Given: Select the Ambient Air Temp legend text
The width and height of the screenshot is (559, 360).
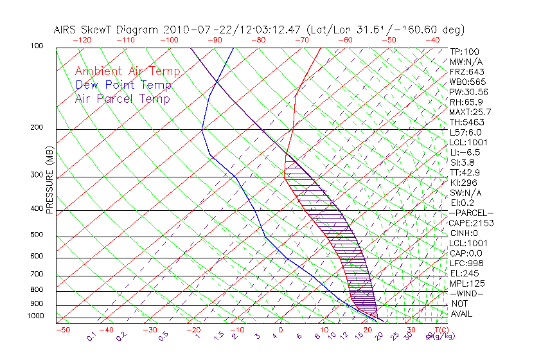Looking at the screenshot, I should coord(128,71).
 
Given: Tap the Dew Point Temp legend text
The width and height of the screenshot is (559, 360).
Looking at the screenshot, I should coord(123,85).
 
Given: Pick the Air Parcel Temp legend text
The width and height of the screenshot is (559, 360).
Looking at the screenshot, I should coord(123,98).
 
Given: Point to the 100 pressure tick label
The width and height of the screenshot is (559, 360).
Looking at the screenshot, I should coord(37,46).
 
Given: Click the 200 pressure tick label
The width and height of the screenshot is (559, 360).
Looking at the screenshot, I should coord(37,128).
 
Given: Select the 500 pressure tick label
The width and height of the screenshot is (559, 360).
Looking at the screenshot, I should coord(37,235).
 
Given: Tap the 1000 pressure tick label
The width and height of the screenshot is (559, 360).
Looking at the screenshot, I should coord(35,316).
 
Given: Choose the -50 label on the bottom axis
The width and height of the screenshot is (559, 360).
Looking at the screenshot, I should coord(62,330).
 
